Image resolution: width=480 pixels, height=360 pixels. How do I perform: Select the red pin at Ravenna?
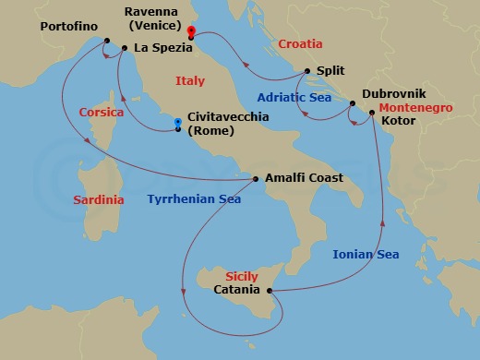[x=191, y=31]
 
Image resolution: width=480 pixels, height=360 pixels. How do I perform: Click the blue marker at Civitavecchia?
[x=178, y=123]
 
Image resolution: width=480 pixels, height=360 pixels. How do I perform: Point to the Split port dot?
[x=307, y=70]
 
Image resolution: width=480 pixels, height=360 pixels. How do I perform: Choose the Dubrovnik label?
[x=393, y=93]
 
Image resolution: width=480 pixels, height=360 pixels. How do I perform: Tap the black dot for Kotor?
[x=372, y=113]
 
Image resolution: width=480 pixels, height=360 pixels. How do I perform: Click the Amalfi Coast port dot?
[x=257, y=178]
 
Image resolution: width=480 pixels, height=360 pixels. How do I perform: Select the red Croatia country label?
[x=301, y=43]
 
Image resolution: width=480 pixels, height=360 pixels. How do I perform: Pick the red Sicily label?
[x=244, y=276]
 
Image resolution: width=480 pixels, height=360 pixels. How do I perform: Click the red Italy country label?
[x=190, y=82]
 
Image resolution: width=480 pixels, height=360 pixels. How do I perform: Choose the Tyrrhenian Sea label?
[x=194, y=198]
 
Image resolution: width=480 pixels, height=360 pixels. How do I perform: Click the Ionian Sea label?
[x=366, y=254]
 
